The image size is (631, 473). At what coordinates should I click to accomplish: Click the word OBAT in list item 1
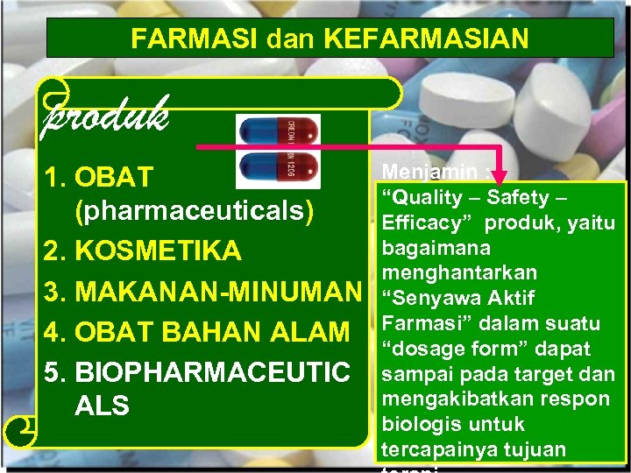pyautogui.click(x=115, y=177)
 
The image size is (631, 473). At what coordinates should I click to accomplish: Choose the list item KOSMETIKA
pyautogui.click(x=159, y=251)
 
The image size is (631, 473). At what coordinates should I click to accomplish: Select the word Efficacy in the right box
pyautogui.click(x=420, y=222)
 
